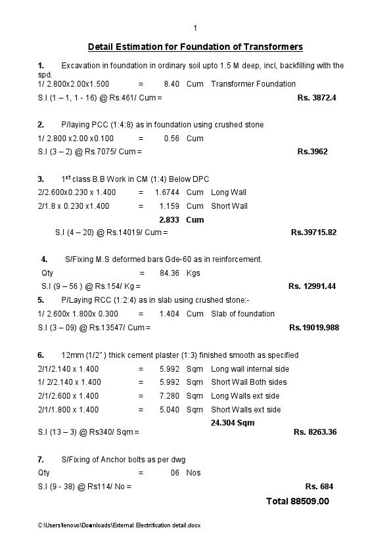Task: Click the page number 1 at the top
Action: point(195,28)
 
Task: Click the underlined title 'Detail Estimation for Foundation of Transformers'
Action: point(195,47)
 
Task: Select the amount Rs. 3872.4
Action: point(317,98)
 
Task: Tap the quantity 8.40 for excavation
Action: point(172,84)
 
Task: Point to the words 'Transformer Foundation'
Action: point(253,84)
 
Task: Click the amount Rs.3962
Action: point(312,152)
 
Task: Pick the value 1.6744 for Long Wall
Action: point(168,192)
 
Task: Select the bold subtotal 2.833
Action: point(170,219)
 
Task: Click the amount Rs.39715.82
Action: point(313,232)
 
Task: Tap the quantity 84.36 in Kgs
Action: point(170,273)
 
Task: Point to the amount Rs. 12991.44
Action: point(312,286)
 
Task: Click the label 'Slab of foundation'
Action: point(242,314)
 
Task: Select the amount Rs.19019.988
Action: point(314,327)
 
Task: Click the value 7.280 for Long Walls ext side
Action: point(170,396)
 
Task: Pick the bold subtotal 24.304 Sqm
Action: point(232,423)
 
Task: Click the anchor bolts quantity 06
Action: point(175,473)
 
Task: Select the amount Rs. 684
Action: point(319,487)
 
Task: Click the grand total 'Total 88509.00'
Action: point(297,501)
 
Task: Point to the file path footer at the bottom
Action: point(119,525)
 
